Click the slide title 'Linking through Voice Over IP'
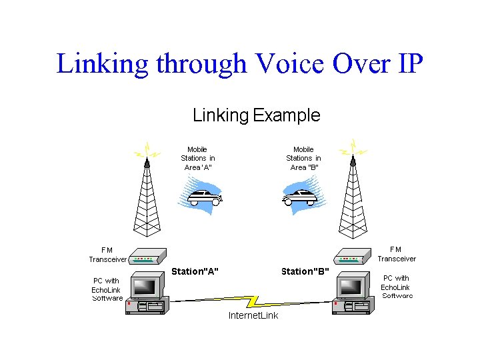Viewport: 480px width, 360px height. coord(239,64)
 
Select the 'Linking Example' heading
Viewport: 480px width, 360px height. coord(256,115)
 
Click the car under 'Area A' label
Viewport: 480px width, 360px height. coord(203,196)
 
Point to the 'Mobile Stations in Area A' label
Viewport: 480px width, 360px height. coord(197,159)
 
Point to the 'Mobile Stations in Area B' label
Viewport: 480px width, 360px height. coord(303,159)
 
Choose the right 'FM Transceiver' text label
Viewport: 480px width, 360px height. coord(396,254)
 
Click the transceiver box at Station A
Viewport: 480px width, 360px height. coord(144,259)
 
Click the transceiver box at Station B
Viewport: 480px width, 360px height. coord(352,259)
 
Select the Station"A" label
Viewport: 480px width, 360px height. coord(195,271)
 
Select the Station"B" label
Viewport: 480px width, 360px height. coord(305,271)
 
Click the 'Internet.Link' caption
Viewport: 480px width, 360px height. coord(253,315)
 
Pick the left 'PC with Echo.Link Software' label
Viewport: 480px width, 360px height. coord(107,289)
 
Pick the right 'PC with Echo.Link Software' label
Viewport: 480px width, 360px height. coord(397,287)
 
